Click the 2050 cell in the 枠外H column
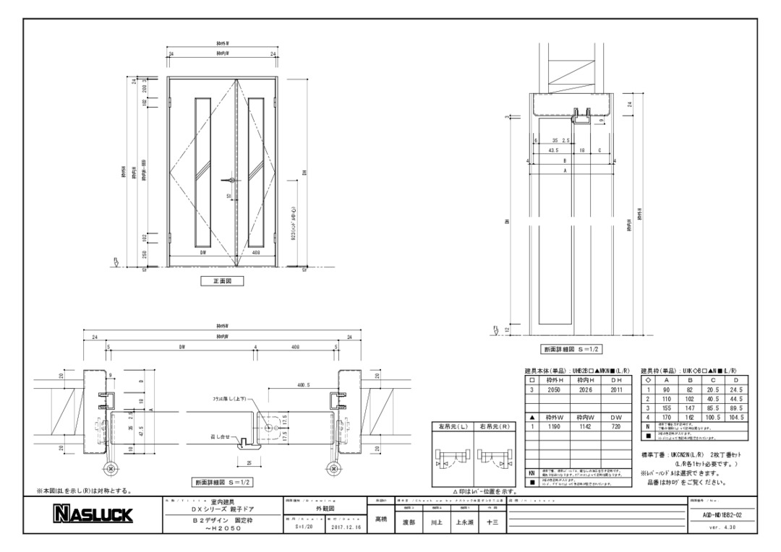tap(555, 389)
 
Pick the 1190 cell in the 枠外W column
tap(555, 426)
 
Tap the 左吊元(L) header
tap(453, 426)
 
